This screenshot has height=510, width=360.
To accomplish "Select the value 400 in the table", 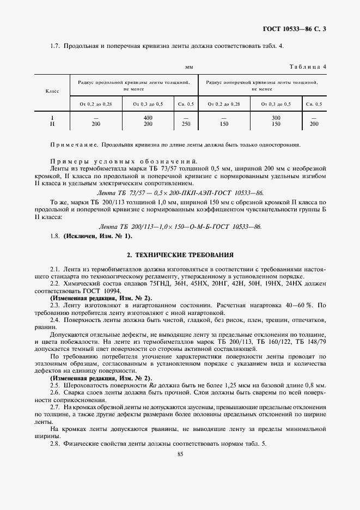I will (148, 118).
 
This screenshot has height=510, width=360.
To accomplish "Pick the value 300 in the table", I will (276, 118).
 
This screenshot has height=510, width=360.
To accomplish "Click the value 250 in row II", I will (186, 124).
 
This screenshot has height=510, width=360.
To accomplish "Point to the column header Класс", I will (52, 91).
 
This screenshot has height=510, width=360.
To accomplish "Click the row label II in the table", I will (52, 124).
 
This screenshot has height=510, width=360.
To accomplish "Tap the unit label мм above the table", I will (189, 66).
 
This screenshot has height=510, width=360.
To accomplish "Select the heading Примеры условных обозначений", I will (124, 162).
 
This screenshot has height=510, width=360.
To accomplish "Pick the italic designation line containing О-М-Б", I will (180, 226).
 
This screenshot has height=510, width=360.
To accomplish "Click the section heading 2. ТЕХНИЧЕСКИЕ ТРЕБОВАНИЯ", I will (180, 254).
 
